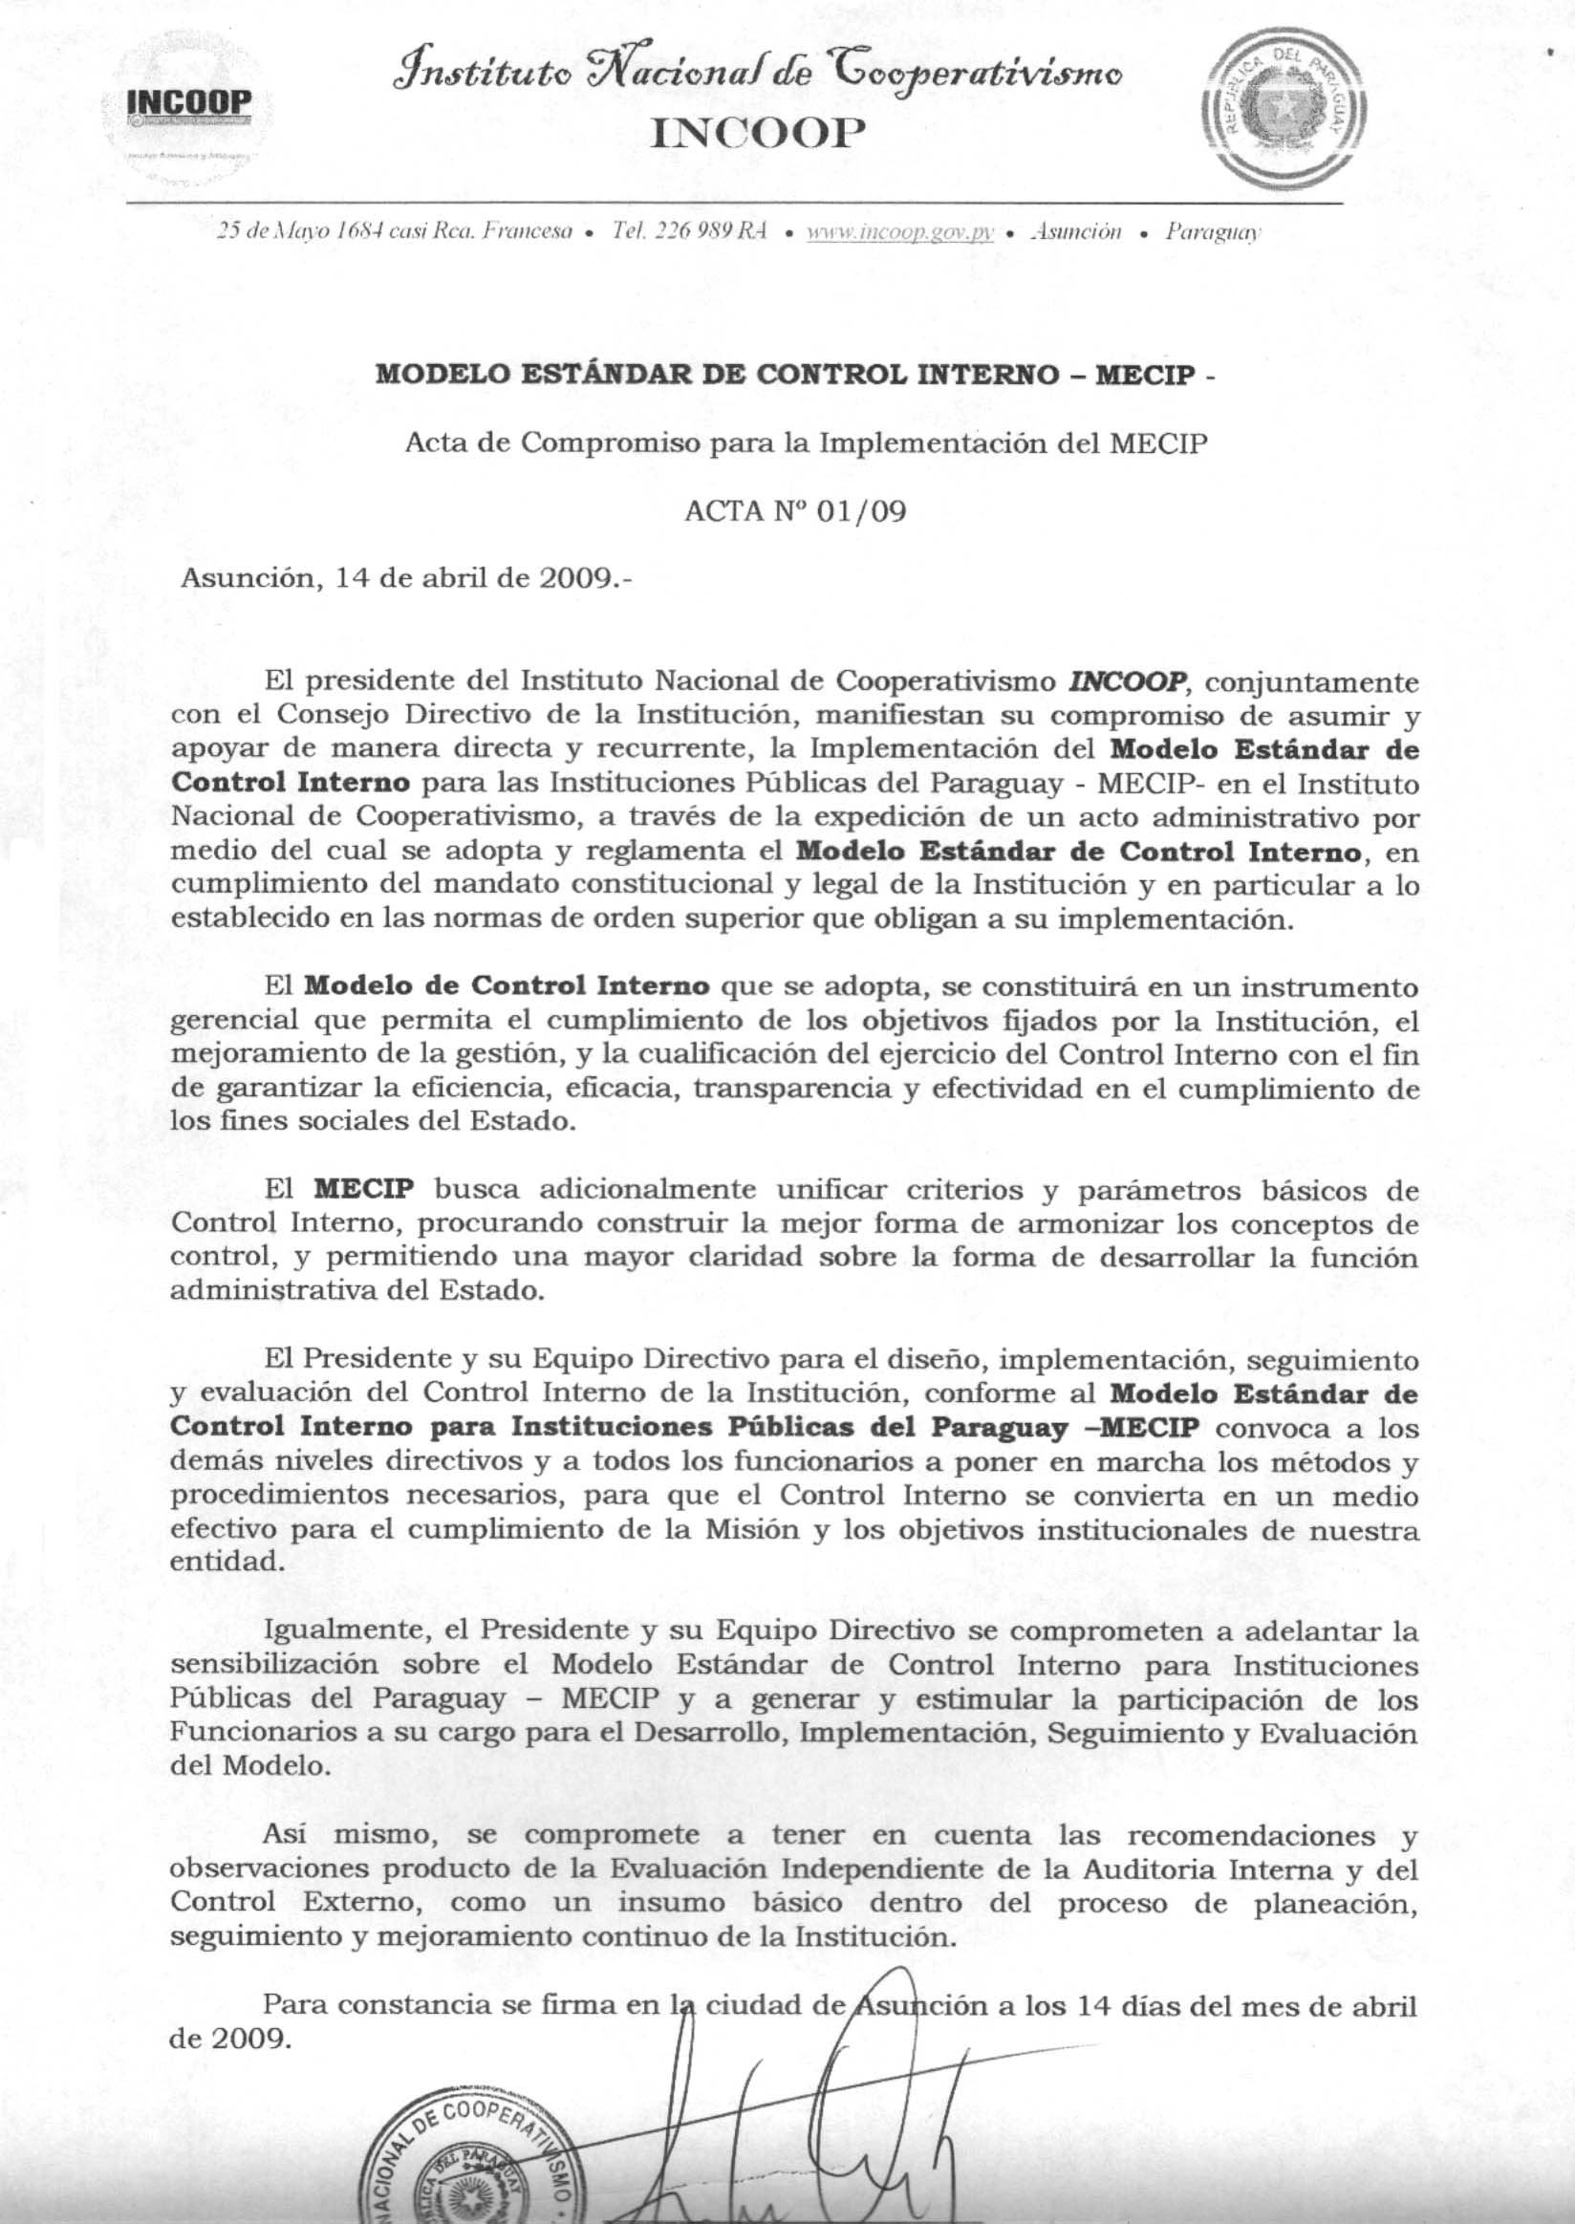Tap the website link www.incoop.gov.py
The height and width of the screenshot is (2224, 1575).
point(900,232)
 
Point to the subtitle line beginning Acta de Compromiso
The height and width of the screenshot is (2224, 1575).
point(806,443)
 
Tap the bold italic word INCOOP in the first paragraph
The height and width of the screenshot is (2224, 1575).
point(1127,681)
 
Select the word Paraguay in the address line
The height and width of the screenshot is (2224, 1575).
point(1212,232)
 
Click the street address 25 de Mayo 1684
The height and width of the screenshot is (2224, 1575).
point(301,232)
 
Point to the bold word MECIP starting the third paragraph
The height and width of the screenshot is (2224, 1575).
point(364,1189)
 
